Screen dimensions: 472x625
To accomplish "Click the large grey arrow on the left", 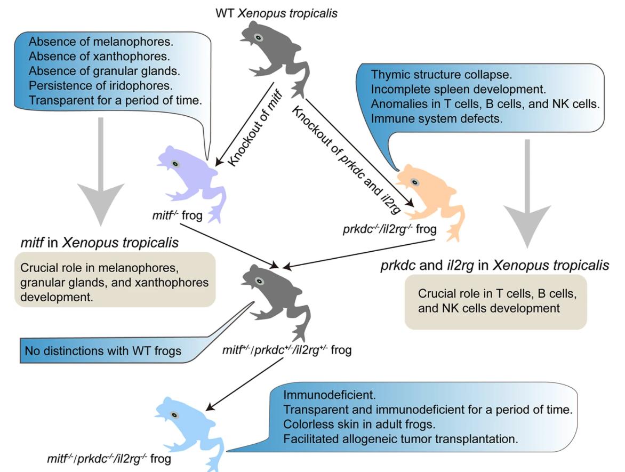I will [x=100, y=176].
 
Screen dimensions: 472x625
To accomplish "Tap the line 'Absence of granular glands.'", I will [x=87, y=71].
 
